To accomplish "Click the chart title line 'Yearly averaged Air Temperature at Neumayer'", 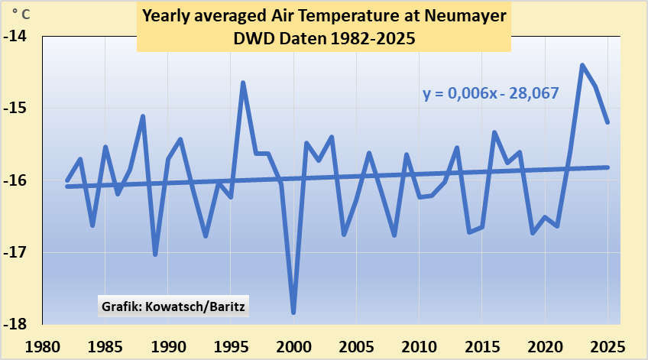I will (324, 16).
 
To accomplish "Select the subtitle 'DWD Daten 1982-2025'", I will (324, 38).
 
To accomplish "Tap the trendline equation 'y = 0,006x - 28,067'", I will (491, 93).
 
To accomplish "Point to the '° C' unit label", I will (21, 12).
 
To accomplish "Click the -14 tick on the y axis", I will (16, 37).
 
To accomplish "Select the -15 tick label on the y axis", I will (16, 109).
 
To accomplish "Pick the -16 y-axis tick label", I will (16, 181).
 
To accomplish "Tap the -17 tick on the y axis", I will (16, 253).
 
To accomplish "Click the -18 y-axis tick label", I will (16, 325).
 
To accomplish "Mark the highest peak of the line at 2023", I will (582, 65).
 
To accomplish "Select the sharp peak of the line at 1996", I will (243, 83).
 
